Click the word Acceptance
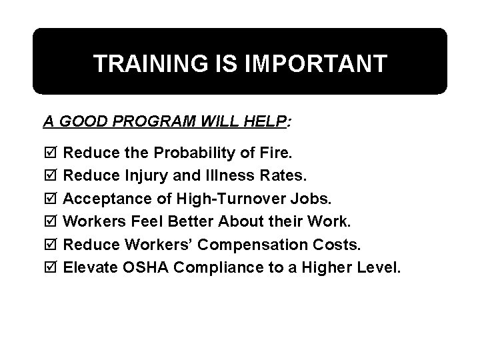(x=101, y=199)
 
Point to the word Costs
(x=338, y=245)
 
